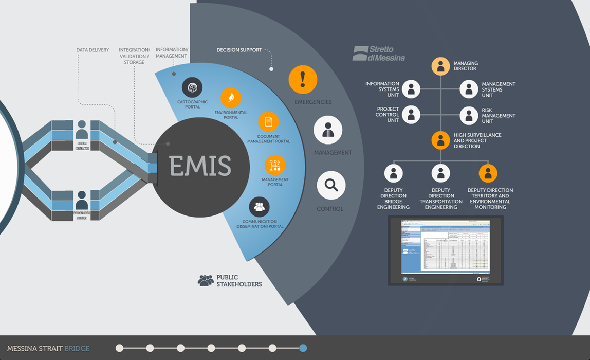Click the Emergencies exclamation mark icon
pyautogui.click(x=303, y=80)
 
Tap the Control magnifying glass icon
pyautogui.click(x=331, y=185)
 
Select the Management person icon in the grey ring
pyautogui.click(x=328, y=130)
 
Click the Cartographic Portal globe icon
pyautogui.click(x=192, y=87)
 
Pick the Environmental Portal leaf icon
pyautogui.click(x=231, y=98)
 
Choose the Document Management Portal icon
pyautogui.click(x=268, y=122)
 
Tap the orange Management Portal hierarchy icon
pyautogui.click(x=275, y=165)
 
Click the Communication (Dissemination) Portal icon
pyautogui.click(x=260, y=207)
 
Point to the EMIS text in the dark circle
pyautogui.click(x=200, y=166)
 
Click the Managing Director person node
pyautogui.click(x=440, y=66)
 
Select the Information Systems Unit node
pyautogui.click(x=411, y=89)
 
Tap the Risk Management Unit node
pyautogui.click(x=469, y=116)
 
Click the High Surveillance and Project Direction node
pyautogui.click(x=440, y=140)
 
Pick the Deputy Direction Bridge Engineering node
pyautogui.click(x=394, y=173)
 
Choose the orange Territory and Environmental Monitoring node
pyautogui.click(x=488, y=173)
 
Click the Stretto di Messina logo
pyautogui.click(x=378, y=53)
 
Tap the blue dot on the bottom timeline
pyautogui.click(x=303, y=348)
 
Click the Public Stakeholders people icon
pyautogui.click(x=206, y=280)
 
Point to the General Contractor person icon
pyautogui.click(x=82, y=130)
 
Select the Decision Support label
pyautogui.click(x=239, y=50)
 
